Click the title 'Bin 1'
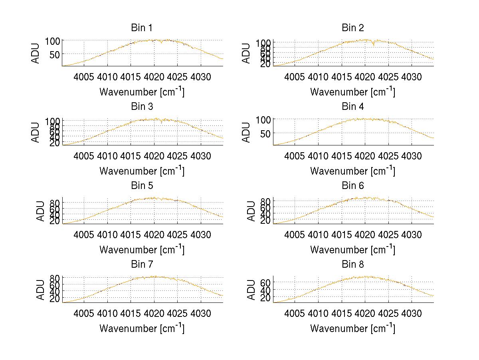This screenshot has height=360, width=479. click(142, 28)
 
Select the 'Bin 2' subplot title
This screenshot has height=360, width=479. click(353, 28)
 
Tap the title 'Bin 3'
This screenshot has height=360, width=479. click(142, 107)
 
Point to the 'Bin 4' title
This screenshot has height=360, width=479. click(353, 107)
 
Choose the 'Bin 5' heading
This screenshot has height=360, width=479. click(142, 186)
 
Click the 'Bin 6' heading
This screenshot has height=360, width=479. click(353, 186)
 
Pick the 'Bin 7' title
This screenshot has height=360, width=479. click(142, 265)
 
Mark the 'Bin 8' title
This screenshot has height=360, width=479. click(353, 265)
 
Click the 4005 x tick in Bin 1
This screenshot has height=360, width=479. click(85, 77)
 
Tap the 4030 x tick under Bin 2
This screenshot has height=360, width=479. click(412, 77)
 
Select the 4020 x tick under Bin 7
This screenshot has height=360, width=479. click(154, 313)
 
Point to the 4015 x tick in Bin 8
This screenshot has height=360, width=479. click(342, 313)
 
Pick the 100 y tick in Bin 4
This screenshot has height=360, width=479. click(263, 119)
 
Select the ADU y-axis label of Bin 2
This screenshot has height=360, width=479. click(246, 53)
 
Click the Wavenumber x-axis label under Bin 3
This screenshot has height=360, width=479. click(142, 171)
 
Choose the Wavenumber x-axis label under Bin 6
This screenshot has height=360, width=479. click(353, 250)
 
